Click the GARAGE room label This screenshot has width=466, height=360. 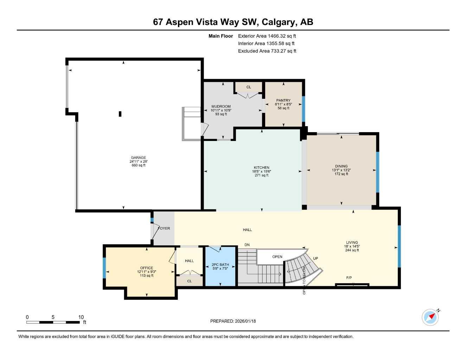pyautogui.click(x=138, y=158)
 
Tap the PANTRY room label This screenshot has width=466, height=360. pyautogui.click(x=283, y=101)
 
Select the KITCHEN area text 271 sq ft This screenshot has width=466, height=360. pyautogui.click(x=261, y=175)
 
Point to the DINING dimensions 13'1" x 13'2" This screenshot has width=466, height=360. pyautogui.click(x=341, y=170)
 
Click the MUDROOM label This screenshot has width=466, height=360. pyautogui.click(x=221, y=107)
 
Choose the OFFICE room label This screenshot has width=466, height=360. pyautogui.click(x=147, y=268)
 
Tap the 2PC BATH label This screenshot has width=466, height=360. pyautogui.click(x=220, y=265)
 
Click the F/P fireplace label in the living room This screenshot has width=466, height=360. pyautogui.click(x=349, y=278)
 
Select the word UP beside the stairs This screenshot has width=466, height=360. pyautogui.click(x=315, y=258)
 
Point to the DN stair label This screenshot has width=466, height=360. pyautogui.click(x=247, y=245)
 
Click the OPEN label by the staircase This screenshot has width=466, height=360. pyautogui.click(x=277, y=257)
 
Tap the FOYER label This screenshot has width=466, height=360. pyautogui.click(x=164, y=229)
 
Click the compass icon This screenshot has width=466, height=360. pyautogui.click(x=430, y=317)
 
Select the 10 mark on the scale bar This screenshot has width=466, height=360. pyautogui.click(x=81, y=317)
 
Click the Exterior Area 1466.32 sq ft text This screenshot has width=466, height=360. pyautogui.click(x=267, y=36)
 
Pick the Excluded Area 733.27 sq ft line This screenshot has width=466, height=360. pyautogui.click(x=267, y=51)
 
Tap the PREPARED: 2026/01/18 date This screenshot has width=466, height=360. pyautogui.click(x=233, y=321)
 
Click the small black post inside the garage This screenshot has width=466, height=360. pyautogui.click(x=120, y=114)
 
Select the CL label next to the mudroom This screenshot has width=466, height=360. pyautogui.click(x=249, y=87)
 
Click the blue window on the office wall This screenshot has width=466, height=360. pyautogui.click(x=104, y=268)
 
